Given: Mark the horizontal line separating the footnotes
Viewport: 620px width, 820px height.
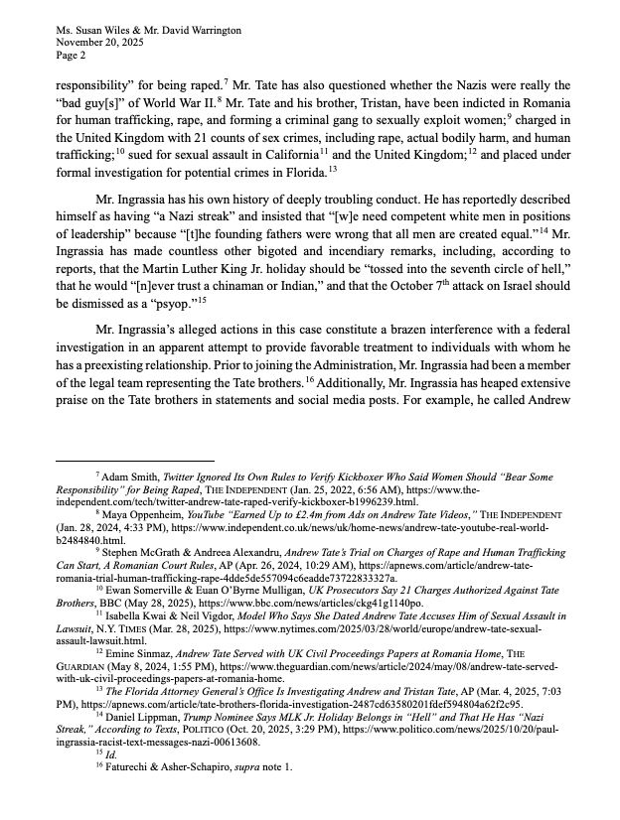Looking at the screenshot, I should [x=134, y=461].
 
